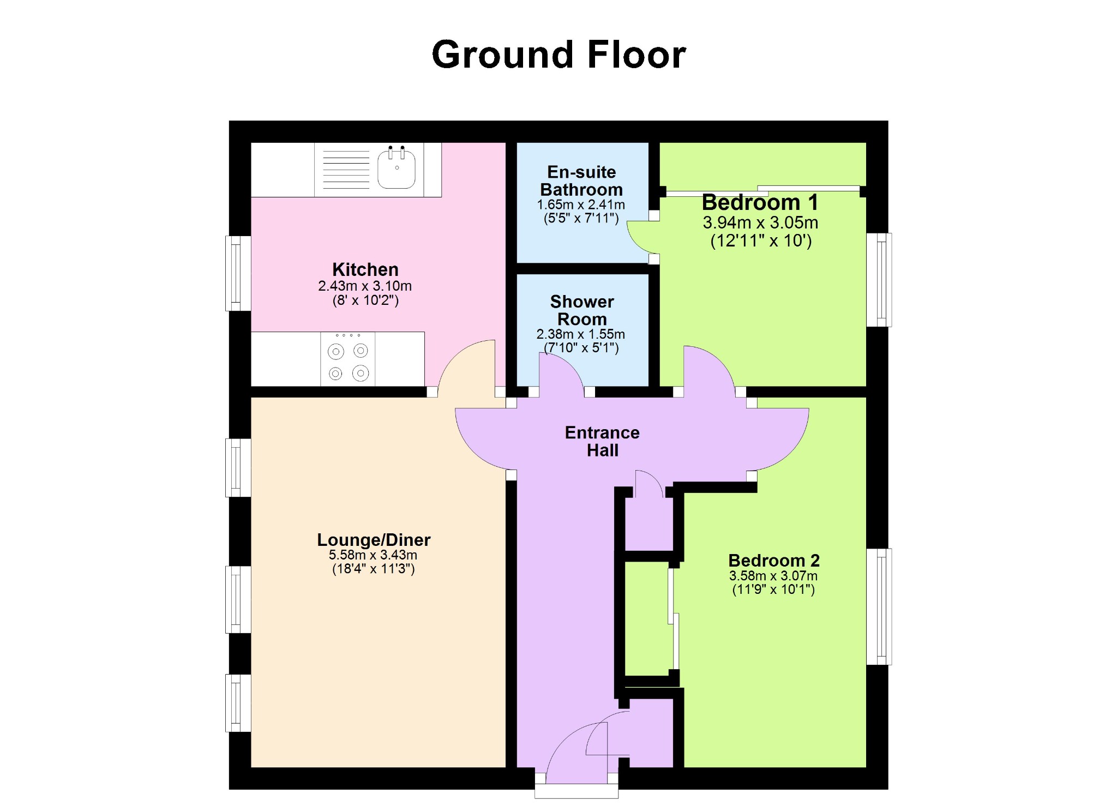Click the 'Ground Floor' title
pos(558,55)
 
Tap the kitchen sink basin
pos(397,168)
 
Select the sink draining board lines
pos(346,170)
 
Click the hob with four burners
pos(348,359)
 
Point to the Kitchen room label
pos(365,269)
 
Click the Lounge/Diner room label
pos(374,540)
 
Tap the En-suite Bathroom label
pos(581,181)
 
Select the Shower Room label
pos(582,310)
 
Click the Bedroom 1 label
pos(760,202)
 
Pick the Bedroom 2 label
pos(774,560)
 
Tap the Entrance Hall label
pos(602,441)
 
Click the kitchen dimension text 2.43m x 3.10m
pos(365,286)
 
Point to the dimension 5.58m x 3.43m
pos(373,555)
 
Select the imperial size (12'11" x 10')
pos(761,240)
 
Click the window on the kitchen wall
pos(238,273)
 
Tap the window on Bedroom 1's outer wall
pos(879,280)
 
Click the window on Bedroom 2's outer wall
pos(879,606)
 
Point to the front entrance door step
pos(576,791)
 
